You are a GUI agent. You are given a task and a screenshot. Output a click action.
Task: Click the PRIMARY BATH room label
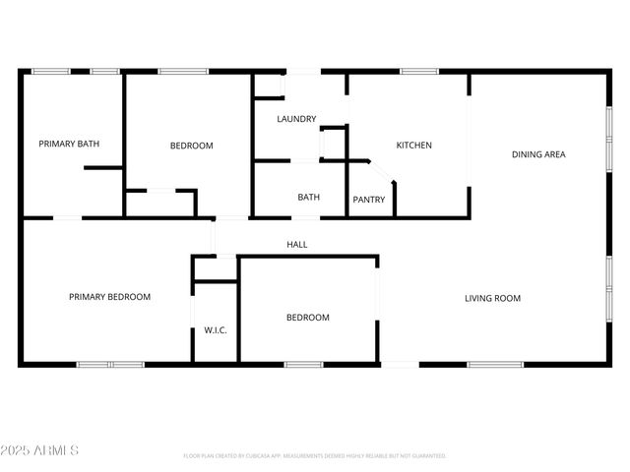coord(69,145)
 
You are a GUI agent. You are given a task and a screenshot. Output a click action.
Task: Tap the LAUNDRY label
coord(296,119)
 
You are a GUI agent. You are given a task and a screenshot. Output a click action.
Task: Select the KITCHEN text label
coord(413,146)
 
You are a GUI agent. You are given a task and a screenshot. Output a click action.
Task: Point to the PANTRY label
coord(368,200)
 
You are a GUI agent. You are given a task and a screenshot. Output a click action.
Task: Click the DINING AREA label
coord(538,154)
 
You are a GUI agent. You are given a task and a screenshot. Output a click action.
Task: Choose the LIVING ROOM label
coord(492,298)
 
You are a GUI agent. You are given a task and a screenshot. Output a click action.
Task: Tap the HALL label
coord(296,244)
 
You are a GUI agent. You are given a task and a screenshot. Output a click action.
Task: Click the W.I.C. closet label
coord(216,330)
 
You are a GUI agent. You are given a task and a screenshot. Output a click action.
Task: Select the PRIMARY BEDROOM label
coord(109,296)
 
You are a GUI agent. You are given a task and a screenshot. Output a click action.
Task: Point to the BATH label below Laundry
coord(308,198)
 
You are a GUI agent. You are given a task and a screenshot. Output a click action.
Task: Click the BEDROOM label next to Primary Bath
coord(191,146)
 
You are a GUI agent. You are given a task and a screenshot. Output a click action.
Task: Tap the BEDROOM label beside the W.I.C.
coord(307,318)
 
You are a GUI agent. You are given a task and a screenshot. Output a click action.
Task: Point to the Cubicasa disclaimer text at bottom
coord(315,456)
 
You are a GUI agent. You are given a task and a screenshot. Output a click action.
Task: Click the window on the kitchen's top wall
coord(418,71)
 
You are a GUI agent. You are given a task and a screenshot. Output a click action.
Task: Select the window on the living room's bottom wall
coord(495,365)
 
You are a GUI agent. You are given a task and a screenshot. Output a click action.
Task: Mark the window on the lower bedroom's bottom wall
coord(303,365)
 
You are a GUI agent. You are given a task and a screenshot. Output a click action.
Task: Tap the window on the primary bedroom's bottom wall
coord(110,365)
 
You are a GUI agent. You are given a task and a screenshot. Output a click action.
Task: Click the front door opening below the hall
coord(400,365)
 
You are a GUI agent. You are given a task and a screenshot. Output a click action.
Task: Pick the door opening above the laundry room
coord(303,71)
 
